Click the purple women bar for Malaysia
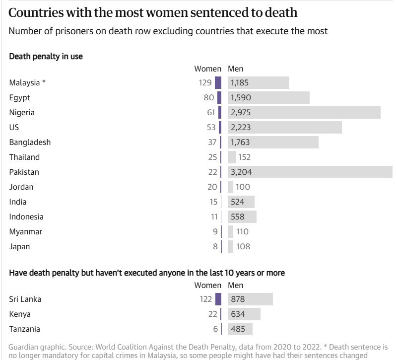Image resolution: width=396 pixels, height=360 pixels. [218, 82]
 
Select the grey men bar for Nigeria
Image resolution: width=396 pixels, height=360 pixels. [304, 112]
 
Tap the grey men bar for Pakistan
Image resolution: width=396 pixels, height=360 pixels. [310, 172]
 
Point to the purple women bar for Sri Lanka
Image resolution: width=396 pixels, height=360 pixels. [218, 299]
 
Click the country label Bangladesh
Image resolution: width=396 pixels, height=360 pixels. [30, 142]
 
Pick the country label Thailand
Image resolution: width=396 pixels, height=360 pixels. [24, 157]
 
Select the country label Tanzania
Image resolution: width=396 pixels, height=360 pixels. [25, 329]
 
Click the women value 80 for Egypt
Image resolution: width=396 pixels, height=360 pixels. [208, 97]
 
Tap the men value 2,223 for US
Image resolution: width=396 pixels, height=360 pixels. [241, 127]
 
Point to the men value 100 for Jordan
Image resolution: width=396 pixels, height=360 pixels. [243, 187]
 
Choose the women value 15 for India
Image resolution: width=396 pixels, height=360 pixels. [213, 202]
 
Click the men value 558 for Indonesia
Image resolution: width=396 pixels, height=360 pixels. [238, 216]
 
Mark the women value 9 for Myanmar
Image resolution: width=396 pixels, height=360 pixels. [215, 231]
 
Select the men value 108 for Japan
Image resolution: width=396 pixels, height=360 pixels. [243, 246]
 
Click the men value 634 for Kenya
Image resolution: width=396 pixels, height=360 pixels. [238, 314]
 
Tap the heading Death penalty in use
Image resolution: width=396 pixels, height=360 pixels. [46, 56]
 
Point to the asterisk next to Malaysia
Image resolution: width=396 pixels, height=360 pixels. [44, 82]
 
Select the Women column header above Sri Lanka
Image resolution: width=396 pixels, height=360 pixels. [207, 285]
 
